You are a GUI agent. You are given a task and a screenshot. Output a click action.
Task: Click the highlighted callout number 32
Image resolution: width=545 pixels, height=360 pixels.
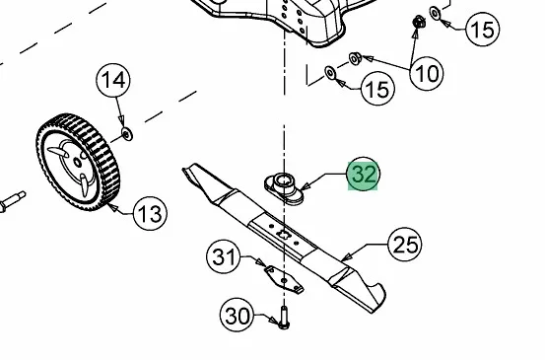(x=364, y=174)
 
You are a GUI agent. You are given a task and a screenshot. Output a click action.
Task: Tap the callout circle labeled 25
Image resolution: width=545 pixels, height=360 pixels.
(x=405, y=245)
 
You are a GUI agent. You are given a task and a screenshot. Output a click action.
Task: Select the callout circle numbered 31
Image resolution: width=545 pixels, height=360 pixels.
(x=224, y=257)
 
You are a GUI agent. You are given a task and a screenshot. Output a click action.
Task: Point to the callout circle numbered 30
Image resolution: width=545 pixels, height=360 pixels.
(x=238, y=316)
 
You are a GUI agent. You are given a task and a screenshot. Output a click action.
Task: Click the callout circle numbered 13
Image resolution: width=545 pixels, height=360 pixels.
(x=150, y=213)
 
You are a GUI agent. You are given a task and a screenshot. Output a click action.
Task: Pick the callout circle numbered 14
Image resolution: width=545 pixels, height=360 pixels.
(x=113, y=80)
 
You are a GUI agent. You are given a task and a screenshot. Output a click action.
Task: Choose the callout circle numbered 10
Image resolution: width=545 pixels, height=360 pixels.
(x=427, y=73)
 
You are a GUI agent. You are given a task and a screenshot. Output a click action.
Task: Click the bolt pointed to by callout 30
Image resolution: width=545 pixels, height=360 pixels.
(x=284, y=318)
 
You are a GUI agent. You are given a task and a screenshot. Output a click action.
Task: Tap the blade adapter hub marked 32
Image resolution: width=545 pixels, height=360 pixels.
(x=284, y=188)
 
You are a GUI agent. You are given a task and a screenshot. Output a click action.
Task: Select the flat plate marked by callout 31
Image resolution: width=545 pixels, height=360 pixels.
(x=284, y=279)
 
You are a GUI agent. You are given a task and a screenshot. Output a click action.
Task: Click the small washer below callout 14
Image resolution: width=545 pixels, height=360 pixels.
(x=127, y=134)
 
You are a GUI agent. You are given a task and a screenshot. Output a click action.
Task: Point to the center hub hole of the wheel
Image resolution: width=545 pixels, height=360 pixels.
(x=77, y=163)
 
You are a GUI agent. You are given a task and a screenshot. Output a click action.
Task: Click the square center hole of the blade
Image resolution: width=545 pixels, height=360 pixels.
(x=283, y=234)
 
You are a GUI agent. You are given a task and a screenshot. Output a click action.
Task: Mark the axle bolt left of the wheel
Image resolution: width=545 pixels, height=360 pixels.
(x=13, y=201)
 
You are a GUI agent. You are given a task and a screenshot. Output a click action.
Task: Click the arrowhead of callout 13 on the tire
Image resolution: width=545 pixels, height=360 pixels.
(x=112, y=208)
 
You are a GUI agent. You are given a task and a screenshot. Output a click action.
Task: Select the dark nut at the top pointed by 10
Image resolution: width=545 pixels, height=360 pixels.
(x=419, y=22)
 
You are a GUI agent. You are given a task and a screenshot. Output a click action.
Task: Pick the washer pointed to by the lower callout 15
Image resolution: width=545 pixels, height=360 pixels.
(x=330, y=72)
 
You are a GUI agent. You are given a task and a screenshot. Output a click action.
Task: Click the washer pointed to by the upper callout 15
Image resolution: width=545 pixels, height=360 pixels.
(x=436, y=13)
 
